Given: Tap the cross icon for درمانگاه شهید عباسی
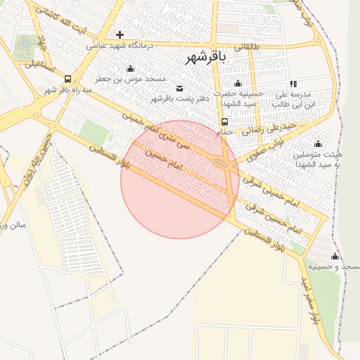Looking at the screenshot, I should pyautogui.click(x=120, y=34).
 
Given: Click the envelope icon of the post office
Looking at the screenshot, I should pyautogui.click(x=179, y=88).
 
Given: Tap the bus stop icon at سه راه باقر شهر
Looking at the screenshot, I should pyautogui.click(x=67, y=79).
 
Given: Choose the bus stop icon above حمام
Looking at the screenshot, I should pyautogui.click(x=225, y=121).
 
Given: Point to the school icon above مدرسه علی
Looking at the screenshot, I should pyautogui.click(x=293, y=84).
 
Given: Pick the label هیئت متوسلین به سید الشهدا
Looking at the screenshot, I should pyautogui.click(x=327, y=159).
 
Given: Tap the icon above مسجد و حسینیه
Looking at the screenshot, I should pyautogui.click(x=335, y=256).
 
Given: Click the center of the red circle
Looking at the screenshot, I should pyautogui.click(x=179, y=179).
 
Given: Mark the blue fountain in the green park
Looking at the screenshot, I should pyautogui.click(x=26, y=44).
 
